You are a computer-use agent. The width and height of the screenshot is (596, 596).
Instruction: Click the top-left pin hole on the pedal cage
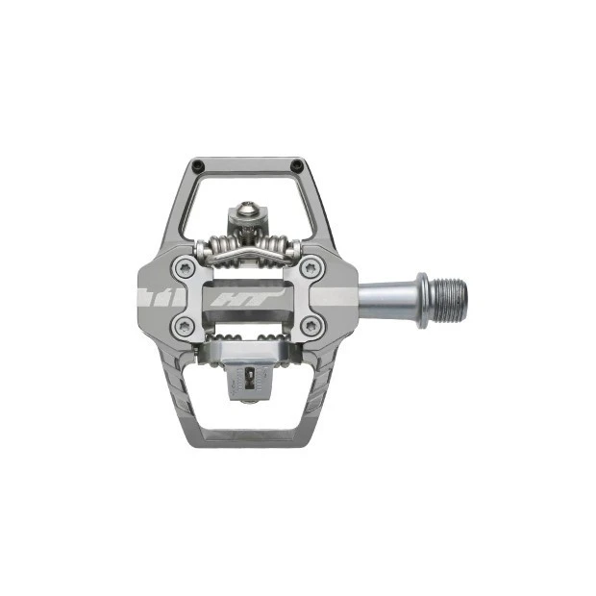tap(196, 164)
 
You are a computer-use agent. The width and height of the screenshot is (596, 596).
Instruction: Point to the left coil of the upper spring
tap(216, 248)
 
